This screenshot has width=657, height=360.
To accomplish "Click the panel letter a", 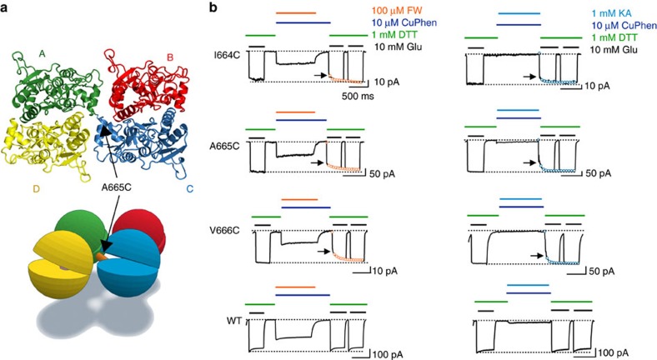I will (x=7, y=9).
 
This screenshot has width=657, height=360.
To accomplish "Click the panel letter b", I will (x=213, y=9).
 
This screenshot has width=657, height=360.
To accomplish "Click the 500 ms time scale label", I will (x=360, y=95).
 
